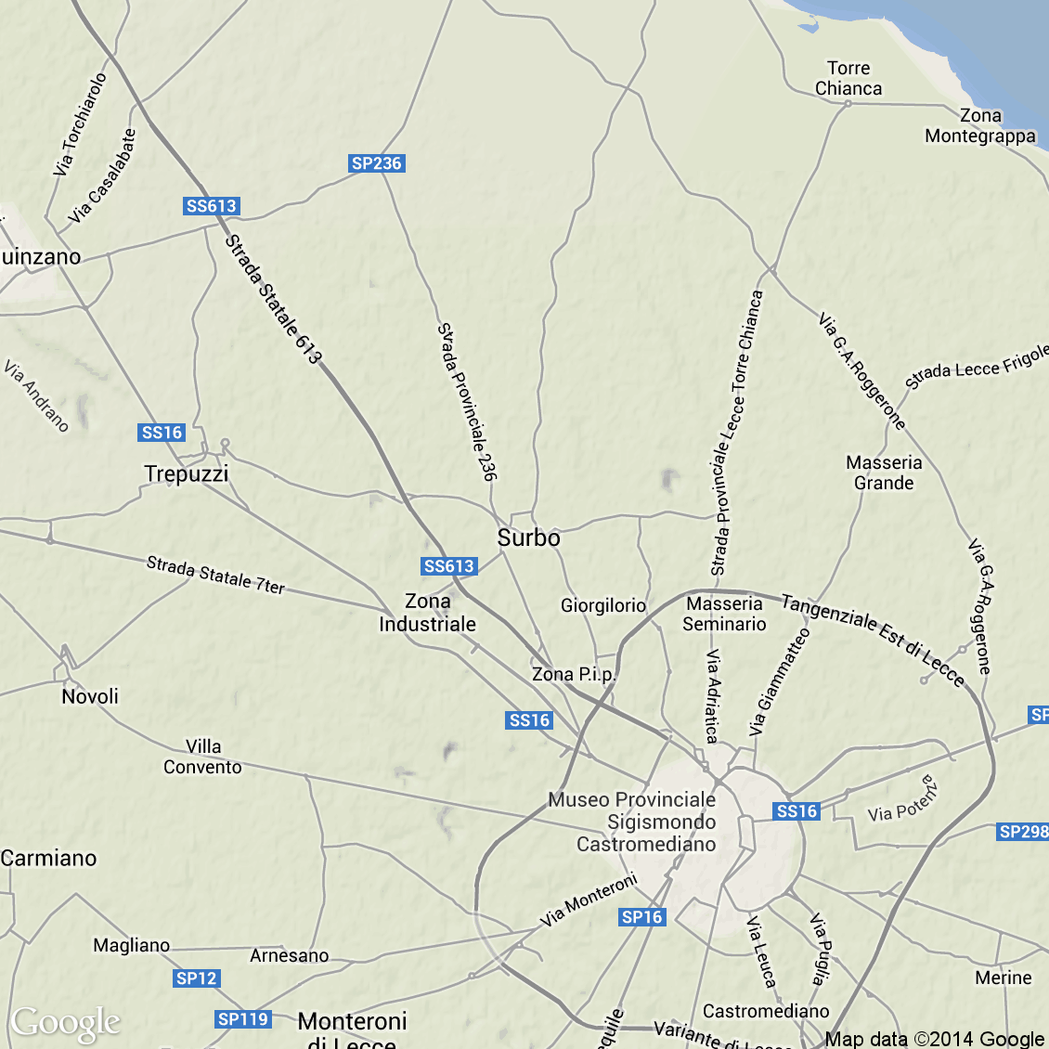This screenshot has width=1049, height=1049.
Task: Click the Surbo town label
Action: [x=528, y=537]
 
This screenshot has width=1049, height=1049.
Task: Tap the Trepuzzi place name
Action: [x=186, y=473]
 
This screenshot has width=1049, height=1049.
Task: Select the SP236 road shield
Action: [x=376, y=163]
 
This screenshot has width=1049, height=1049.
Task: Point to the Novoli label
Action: [x=90, y=696]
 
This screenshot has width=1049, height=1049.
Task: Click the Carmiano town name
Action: [x=48, y=858]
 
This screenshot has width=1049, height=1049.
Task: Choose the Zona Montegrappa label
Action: [x=980, y=125]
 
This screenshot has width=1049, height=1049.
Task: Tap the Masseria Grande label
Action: [x=884, y=473]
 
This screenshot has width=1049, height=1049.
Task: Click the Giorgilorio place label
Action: [x=602, y=605]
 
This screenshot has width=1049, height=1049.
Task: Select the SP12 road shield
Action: [x=196, y=978]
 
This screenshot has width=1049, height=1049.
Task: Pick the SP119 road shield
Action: [x=242, y=1019]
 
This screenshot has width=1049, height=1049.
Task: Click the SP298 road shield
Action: [x=1022, y=832]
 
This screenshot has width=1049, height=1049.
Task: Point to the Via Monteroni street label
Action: [x=589, y=899]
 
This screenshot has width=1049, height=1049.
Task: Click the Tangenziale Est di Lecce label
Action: [x=873, y=640]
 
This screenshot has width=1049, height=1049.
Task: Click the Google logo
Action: [x=66, y=1023]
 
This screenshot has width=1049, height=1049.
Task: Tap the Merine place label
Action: [x=1003, y=978]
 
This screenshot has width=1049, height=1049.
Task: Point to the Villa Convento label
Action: [x=202, y=757]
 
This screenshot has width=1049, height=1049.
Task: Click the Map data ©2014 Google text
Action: [x=934, y=1039]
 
